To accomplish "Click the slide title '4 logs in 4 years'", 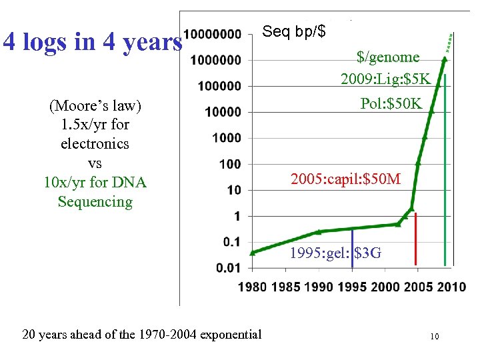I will [x=92, y=42].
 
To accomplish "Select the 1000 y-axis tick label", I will [x=227, y=138].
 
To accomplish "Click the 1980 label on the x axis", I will [x=252, y=287].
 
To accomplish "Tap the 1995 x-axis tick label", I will [x=352, y=287].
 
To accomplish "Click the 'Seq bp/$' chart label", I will [x=294, y=31].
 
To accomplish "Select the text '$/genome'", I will [x=388, y=57].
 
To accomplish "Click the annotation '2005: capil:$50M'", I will [x=345, y=179].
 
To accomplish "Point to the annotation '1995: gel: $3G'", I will [x=335, y=253].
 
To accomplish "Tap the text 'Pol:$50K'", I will [x=391, y=103].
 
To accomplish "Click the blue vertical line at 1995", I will [x=352, y=247].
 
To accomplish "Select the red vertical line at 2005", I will [x=416, y=240].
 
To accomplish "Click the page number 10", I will [x=434, y=337].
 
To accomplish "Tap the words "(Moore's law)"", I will [x=95, y=105].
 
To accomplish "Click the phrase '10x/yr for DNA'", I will [x=95, y=182].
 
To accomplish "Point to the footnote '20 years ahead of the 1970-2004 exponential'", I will [x=142, y=334].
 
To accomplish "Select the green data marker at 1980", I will [x=252, y=253].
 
